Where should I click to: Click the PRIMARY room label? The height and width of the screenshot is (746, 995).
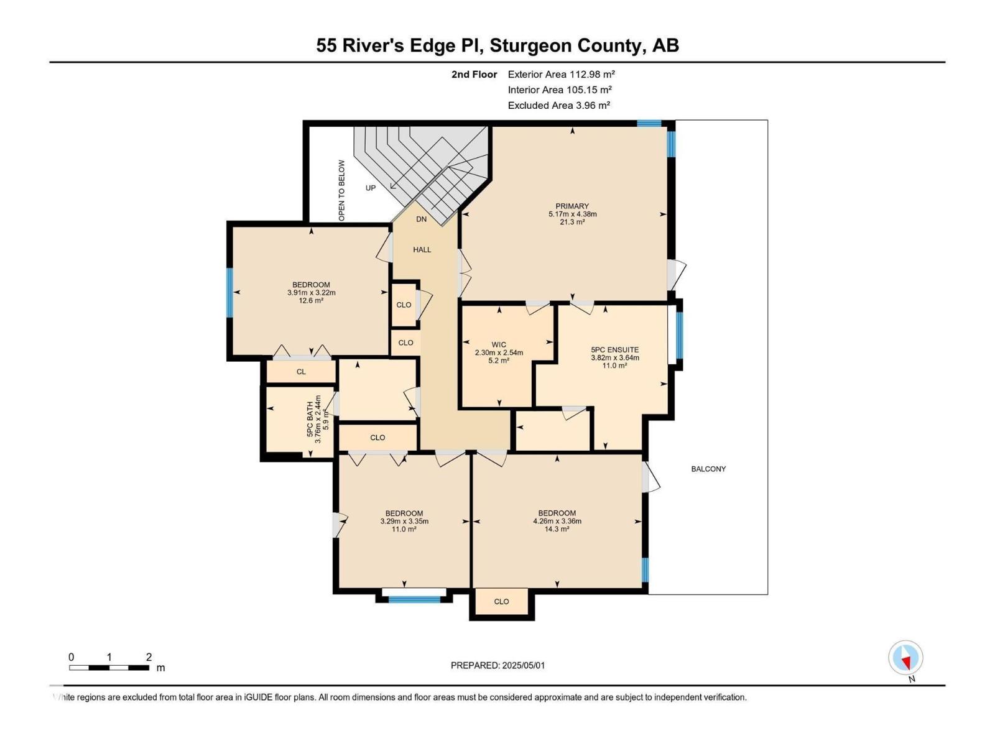tap(572, 206)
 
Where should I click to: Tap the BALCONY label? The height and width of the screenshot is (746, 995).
tap(708, 469)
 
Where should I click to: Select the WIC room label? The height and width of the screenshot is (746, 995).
tap(499, 344)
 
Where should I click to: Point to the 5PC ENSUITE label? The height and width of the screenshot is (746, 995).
tap(614, 350)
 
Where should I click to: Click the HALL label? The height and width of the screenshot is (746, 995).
tap(422, 250)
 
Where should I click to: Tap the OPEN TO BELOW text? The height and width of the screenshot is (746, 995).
tap(341, 191)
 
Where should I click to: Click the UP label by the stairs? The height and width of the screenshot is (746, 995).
tap(371, 188)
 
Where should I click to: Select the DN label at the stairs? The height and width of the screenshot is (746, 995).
tap(421, 219)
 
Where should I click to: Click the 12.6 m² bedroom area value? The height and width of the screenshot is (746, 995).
tap(311, 301)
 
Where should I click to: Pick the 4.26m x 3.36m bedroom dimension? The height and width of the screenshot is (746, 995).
tap(557, 522)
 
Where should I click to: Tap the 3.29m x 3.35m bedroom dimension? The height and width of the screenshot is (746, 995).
tap(404, 522)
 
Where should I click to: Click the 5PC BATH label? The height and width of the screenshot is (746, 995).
tap(310, 418)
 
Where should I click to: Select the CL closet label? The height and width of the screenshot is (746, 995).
tap(301, 372)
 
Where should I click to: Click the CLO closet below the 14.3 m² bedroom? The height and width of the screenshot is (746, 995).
tap(501, 602)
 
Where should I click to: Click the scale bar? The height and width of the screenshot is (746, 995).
tap(109, 668)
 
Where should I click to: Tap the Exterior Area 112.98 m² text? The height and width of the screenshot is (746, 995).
tap(561, 74)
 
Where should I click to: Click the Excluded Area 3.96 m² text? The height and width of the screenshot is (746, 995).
tap(558, 106)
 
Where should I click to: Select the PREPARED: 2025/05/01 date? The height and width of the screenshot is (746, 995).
tap(497, 665)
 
